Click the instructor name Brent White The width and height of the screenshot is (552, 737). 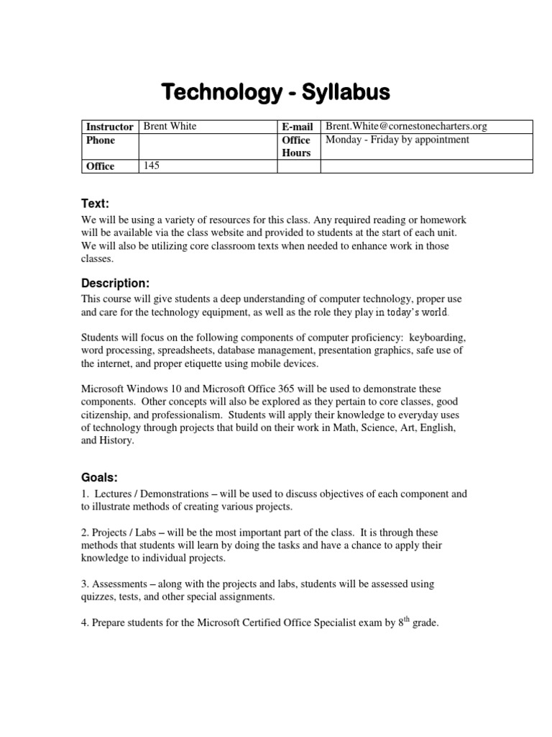click(x=170, y=127)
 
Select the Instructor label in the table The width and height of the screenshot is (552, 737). click(x=109, y=127)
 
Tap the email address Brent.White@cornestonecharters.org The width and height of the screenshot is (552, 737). click(x=406, y=127)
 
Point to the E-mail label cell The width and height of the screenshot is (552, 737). click(x=298, y=127)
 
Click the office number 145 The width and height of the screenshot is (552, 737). click(x=152, y=166)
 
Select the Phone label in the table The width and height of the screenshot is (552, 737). click(x=101, y=140)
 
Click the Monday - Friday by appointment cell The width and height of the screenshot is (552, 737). click(x=397, y=140)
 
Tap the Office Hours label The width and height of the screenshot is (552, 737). click(x=296, y=146)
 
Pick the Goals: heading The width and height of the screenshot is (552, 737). click(x=99, y=478)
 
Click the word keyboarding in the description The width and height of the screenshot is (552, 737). click(x=437, y=338)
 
